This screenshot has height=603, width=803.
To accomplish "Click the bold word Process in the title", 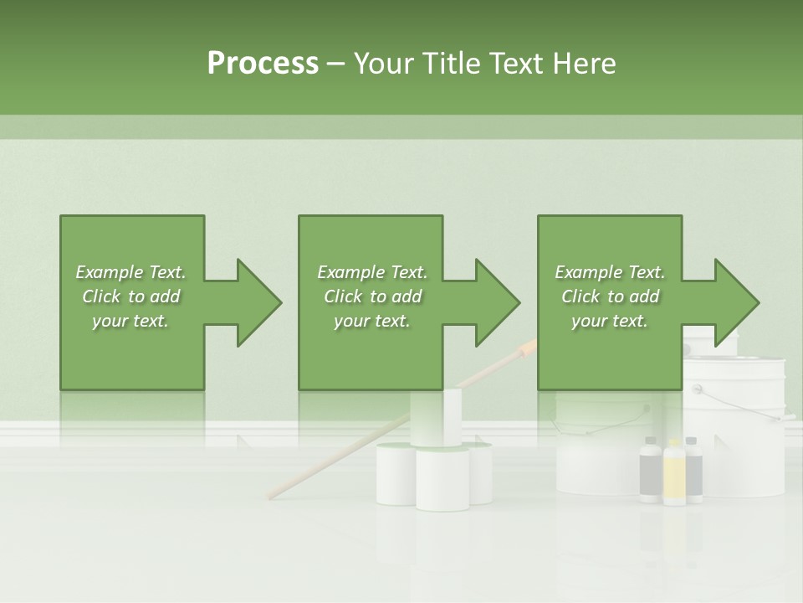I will click(x=263, y=64).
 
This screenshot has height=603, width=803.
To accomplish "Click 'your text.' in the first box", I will click(x=130, y=320).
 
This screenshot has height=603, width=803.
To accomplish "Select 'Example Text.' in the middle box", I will click(x=372, y=272).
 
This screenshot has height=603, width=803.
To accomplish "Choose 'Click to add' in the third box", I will click(x=611, y=296).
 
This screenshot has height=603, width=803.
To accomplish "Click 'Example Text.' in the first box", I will click(x=130, y=272).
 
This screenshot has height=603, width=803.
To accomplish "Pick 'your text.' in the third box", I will click(x=611, y=320).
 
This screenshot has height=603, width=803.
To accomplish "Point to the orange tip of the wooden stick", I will click(x=527, y=348).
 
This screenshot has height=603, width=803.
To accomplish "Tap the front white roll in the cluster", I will click(x=442, y=482).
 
